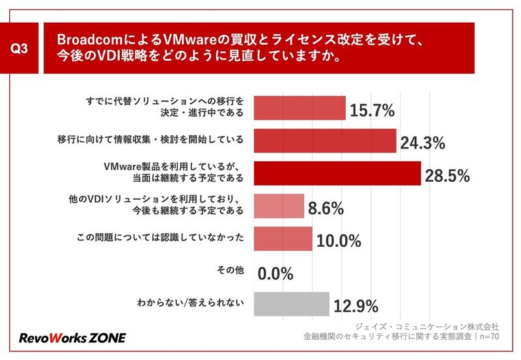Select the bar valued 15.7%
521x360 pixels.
tap(299, 108)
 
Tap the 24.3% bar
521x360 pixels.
tap(324, 141)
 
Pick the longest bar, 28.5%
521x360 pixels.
tap(337, 173)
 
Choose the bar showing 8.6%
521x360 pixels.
tap(278, 206)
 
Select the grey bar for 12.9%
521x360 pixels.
tap(290, 303)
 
